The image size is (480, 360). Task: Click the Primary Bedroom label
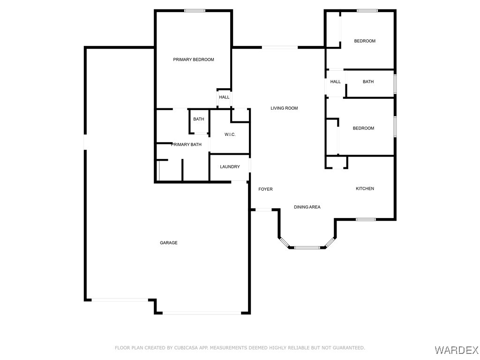pos(194,60)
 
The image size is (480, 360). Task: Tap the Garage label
pos(169,243)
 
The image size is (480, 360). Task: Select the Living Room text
pos(284,108)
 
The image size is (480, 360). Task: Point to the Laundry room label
pos(230,167)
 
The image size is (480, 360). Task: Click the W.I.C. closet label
pos(230,135)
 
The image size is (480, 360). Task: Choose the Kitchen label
pos(365,188)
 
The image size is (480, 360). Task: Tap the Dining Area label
pos(307,207)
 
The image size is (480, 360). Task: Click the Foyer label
pos(265,189)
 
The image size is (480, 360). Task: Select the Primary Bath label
pos(186,144)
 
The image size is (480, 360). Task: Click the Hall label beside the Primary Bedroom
pos(224,97)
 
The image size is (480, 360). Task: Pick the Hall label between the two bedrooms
pos(335,82)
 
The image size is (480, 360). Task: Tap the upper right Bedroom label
pos(364,41)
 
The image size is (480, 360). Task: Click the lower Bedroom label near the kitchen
pos(363,128)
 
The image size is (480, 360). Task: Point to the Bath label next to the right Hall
pos(368,82)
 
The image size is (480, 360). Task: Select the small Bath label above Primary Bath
pos(199,119)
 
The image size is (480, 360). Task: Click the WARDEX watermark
pos(457,350)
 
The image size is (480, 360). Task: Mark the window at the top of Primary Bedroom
pos(194,10)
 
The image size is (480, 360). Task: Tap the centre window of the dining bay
pos(307,247)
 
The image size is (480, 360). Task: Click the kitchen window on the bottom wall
pos(365,219)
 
